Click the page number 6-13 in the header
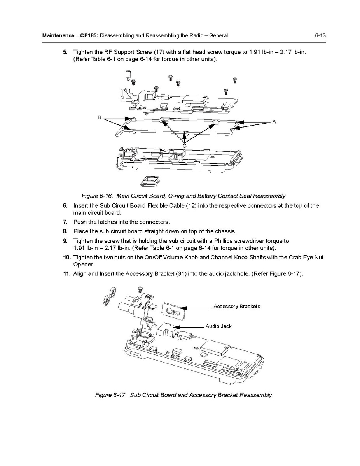(320, 36)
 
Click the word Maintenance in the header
(58, 36)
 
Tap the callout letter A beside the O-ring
(274, 122)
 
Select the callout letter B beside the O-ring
(100, 117)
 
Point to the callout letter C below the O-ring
(185, 145)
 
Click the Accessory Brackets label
(236, 307)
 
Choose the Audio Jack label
(218, 326)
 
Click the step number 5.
(65, 52)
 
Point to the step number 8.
(65, 231)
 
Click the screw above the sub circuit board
(141, 289)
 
